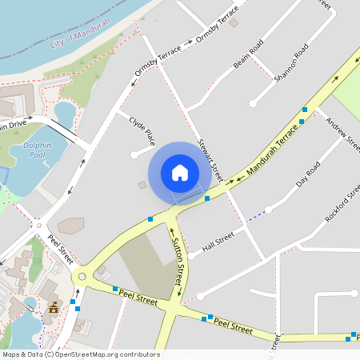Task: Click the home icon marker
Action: pos(180,172)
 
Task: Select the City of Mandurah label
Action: pos(84,36)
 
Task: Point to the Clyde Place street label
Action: pos(142,128)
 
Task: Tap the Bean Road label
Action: pos(248,55)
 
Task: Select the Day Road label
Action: pos(308,174)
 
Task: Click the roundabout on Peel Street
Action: pos(81,278)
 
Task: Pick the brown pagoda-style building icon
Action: pos(54,308)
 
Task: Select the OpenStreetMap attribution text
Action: pos(80,354)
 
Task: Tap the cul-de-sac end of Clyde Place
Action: pos(134,155)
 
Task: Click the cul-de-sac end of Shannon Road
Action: pos(252,103)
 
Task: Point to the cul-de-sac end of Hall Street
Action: pos(191,256)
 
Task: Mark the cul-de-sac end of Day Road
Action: pos(268,210)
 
